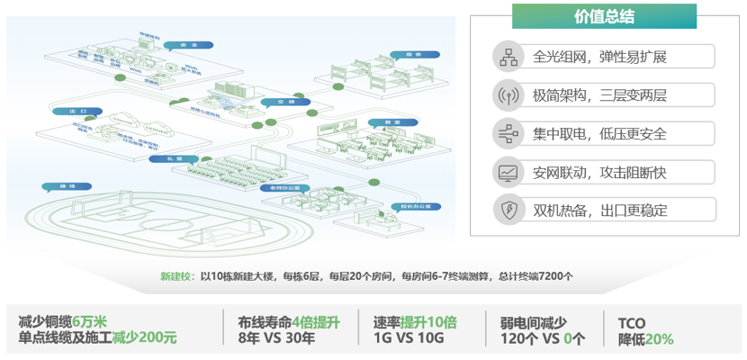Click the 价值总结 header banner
pos(604,16)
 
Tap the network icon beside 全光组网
pos(507,57)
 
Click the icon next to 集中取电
pos(507,134)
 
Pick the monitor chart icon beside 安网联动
pos(507,172)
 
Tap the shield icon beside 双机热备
pos(507,211)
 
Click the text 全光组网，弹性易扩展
pos(599,57)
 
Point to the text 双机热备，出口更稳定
pos(599,211)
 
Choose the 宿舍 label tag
pos(409,54)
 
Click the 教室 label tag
pos(393,121)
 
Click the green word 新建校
pos(176,276)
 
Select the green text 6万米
pos(89,321)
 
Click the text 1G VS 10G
pos(408,338)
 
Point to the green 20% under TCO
pos(659,338)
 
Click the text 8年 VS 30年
pos(276,338)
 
